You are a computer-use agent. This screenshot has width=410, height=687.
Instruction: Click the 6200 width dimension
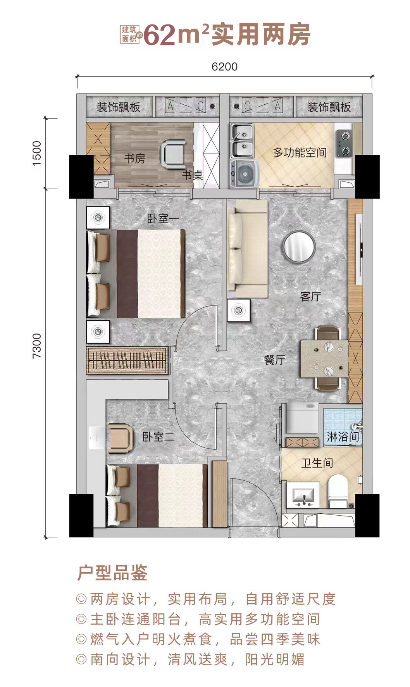224,67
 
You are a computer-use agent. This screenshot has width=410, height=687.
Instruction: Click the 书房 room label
134,159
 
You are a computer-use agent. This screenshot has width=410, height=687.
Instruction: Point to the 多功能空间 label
300,152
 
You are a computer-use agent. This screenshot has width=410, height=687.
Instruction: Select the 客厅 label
310,297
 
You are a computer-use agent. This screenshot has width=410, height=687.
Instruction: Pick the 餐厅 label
274,360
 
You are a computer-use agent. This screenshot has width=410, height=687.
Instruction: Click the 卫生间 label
317,463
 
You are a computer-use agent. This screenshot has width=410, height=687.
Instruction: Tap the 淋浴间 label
343,437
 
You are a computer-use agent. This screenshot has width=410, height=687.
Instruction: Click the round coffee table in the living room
299,246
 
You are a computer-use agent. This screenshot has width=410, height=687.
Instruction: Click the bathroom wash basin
304,496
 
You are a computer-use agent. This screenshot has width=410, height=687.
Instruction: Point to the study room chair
173,154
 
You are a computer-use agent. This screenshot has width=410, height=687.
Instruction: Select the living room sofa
247,249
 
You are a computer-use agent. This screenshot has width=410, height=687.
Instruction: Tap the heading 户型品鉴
112,573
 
